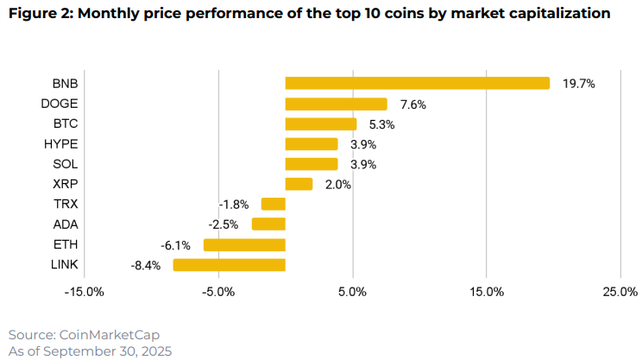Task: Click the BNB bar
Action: [x=417, y=83]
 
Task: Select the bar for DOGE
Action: [x=336, y=104]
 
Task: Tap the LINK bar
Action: [x=229, y=265]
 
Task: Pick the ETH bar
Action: [x=244, y=244]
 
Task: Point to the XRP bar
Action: [x=299, y=184]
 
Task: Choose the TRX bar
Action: [x=273, y=205]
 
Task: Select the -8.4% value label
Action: [x=146, y=265]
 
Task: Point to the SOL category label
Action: [x=65, y=164]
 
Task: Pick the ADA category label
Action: [x=65, y=224]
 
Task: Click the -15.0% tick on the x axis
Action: [x=85, y=292]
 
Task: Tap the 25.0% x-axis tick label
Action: [x=620, y=292]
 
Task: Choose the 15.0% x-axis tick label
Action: [x=487, y=292]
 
